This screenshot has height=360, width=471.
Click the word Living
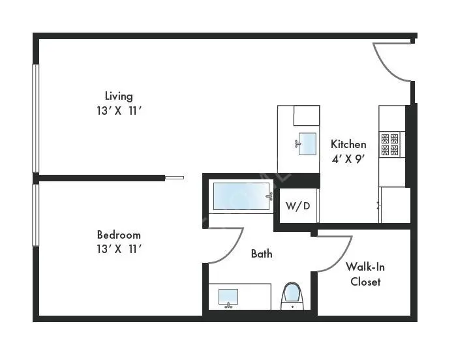[x=119, y=96]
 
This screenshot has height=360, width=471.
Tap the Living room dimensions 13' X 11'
[x=119, y=110]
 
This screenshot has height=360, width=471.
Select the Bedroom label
[x=119, y=235]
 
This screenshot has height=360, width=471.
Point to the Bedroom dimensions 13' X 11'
[x=119, y=248]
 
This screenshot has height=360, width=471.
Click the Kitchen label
[x=348, y=144]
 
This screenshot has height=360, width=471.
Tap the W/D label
[x=297, y=206]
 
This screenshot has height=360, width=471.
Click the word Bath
[x=262, y=254]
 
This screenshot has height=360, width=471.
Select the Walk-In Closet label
[x=363, y=274]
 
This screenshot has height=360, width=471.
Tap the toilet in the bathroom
[x=292, y=295]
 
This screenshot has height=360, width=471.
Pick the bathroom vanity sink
[x=228, y=297]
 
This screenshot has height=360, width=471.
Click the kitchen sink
[x=307, y=143]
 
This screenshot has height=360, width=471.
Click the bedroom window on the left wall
[x=36, y=215]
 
